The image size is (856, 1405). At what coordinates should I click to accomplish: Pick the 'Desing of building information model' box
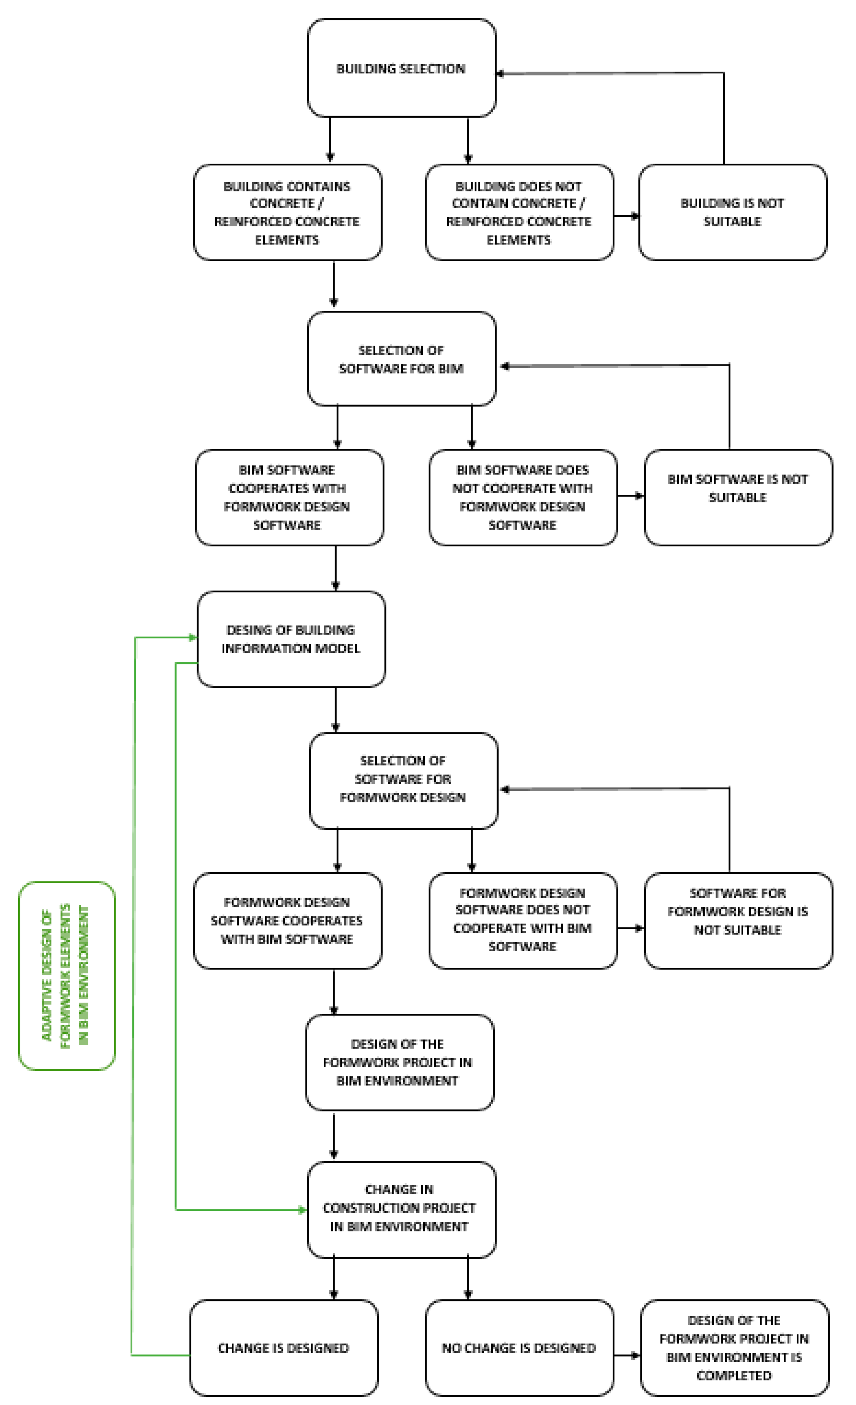click(x=291, y=639)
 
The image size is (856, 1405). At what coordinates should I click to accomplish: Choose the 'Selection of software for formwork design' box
click(x=403, y=780)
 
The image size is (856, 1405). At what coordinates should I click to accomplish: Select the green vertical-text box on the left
click(x=67, y=975)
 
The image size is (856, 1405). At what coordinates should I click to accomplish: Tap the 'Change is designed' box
click(x=283, y=1348)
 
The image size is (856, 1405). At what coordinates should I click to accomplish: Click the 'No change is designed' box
click(x=519, y=1348)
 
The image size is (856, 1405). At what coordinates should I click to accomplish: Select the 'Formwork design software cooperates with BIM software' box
click(x=287, y=920)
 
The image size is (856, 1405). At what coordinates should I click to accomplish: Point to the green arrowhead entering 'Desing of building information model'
click(x=193, y=637)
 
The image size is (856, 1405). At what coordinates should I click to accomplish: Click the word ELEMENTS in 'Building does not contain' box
click(x=518, y=240)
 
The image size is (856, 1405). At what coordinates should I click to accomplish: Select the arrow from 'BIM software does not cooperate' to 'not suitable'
click(x=630, y=495)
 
